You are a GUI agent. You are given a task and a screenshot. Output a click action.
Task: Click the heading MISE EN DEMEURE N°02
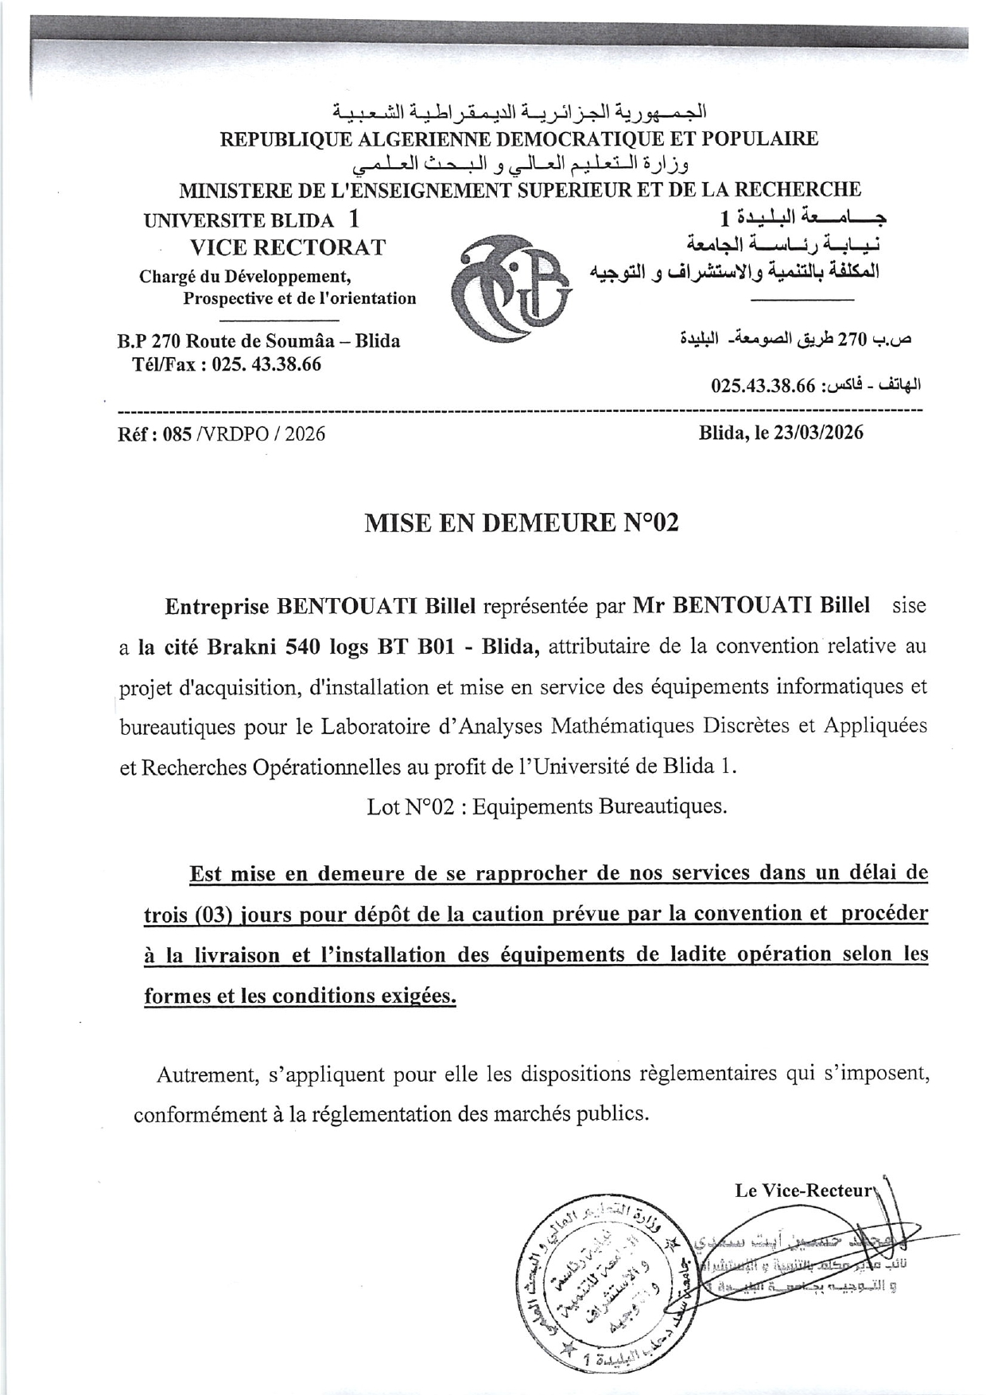pyautogui.click(x=521, y=523)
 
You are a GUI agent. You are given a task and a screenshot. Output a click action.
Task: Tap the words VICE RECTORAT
pyautogui.click(x=287, y=247)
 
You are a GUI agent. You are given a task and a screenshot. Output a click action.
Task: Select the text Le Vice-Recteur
pyautogui.click(x=804, y=1191)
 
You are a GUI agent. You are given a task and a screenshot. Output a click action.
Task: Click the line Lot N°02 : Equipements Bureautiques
pyautogui.click(x=547, y=806)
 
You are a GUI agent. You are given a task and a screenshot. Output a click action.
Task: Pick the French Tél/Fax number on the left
pyautogui.click(x=266, y=365)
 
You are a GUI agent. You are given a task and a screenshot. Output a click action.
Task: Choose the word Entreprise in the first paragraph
pyautogui.click(x=215, y=606)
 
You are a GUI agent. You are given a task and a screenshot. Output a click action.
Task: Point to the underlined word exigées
pyautogui.click(x=416, y=996)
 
